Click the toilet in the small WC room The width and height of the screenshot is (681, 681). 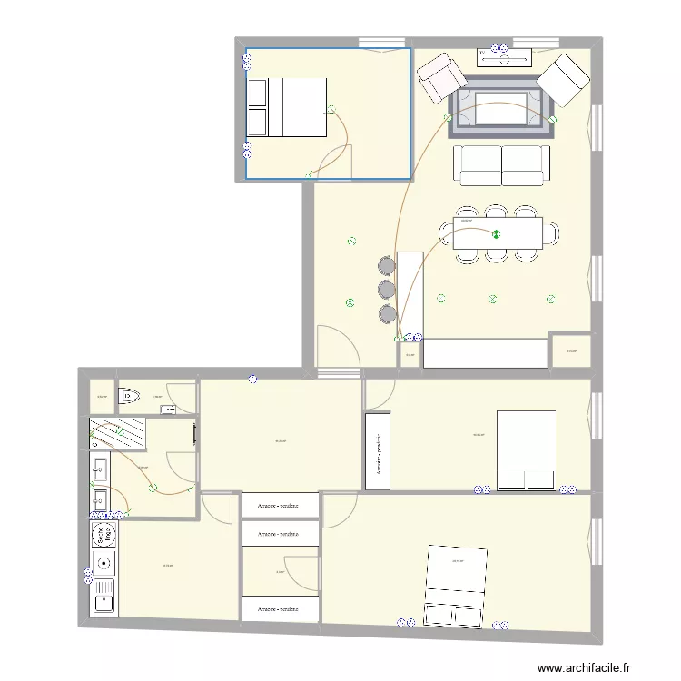[x=129, y=395]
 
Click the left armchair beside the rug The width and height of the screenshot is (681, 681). [x=440, y=77]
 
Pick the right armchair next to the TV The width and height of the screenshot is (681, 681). [x=562, y=79]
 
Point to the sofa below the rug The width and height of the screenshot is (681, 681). [x=501, y=164]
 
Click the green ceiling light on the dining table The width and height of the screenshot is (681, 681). [x=496, y=234]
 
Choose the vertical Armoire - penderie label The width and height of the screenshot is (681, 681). [x=377, y=452]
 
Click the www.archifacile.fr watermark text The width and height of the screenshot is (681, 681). [x=584, y=668]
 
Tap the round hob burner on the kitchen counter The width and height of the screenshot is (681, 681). [x=103, y=562]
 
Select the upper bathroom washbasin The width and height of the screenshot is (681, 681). [x=100, y=469]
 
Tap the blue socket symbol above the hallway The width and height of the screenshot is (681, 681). [x=252, y=379]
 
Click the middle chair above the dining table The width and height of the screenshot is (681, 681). [x=496, y=212]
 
